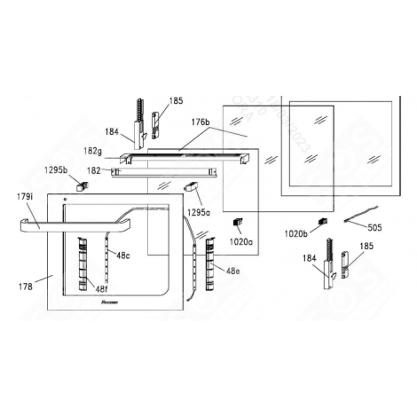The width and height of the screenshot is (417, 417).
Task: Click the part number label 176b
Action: (x=201, y=122)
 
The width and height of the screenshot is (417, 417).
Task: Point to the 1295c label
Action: (x=199, y=214)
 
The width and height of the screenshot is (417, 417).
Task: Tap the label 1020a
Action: (x=240, y=240)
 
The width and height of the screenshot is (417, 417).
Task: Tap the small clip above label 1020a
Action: (x=237, y=222)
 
